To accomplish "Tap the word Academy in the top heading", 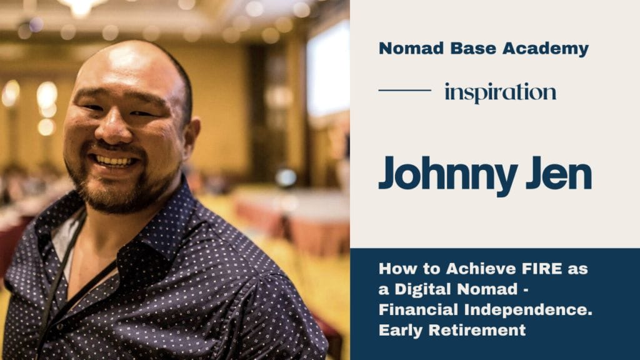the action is pyautogui.click(x=546, y=49).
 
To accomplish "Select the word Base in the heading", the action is pyautogui.click(x=473, y=48).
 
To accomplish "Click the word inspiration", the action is pyautogui.click(x=501, y=92).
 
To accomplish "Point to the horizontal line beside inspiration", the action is pyautogui.click(x=405, y=90).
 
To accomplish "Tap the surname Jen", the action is pyautogui.click(x=559, y=172).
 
